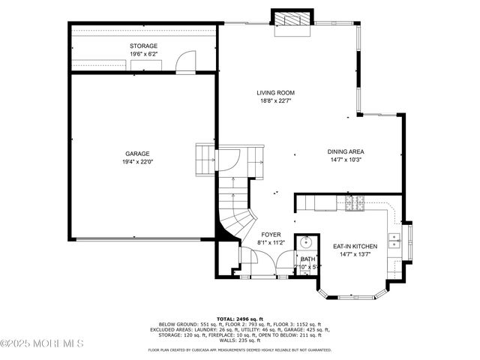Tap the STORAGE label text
142,46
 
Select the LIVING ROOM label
274,92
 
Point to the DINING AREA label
345,152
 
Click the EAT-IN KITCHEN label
355,246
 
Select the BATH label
308,259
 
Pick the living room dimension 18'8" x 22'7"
274,100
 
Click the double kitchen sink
394,240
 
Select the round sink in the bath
305,242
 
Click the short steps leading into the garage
205,158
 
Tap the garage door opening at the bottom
138,240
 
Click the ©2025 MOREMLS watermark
42,344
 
